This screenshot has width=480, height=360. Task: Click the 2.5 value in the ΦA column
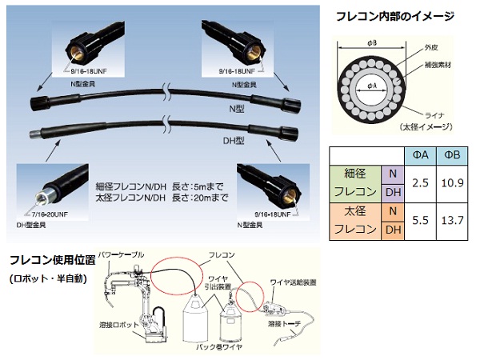[420, 183]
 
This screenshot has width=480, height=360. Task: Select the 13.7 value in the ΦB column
[453, 221]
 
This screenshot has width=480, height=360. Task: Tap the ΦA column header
[420, 155]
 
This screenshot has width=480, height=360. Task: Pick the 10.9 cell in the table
[453, 183]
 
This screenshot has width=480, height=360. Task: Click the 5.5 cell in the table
[420, 221]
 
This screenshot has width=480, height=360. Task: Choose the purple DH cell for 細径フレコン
[393, 193]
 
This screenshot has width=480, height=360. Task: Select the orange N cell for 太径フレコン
[393, 211]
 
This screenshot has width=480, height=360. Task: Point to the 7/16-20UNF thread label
[50, 214]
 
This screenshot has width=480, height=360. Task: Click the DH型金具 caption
[31, 225]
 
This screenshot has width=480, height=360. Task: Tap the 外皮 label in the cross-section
[431, 47]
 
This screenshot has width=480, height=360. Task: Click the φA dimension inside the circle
[372, 86]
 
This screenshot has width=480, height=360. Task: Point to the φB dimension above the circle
[372, 43]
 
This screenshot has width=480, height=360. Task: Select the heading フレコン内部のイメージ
[395, 16]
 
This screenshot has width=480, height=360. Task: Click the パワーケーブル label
[122, 254]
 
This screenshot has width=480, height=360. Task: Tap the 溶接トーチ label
[284, 323]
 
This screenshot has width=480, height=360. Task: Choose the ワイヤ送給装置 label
[294, 282]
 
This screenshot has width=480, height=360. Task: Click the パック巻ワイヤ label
[219, 347]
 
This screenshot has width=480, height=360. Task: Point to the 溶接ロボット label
[118, 325]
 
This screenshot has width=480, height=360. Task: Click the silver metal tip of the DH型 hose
[35, 134]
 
